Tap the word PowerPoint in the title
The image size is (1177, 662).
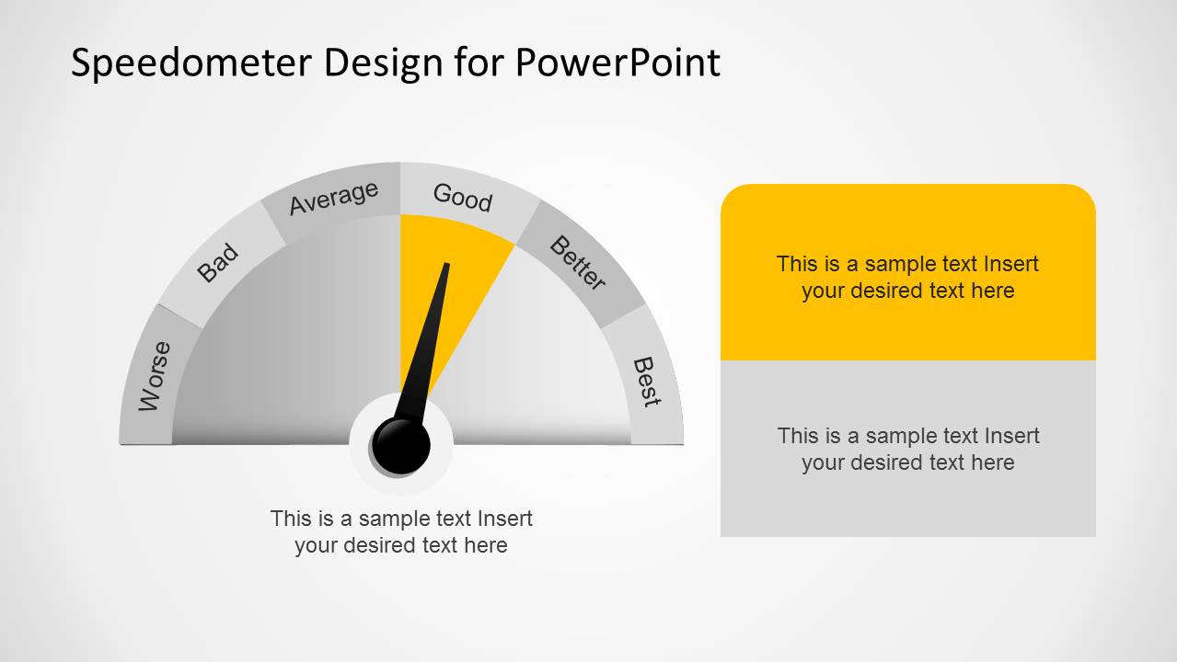(617, 63)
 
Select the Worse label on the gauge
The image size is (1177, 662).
(155, 376)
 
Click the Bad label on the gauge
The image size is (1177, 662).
(218, 264)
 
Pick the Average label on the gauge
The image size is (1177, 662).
(333, 198)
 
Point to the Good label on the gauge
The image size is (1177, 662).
(463, 197)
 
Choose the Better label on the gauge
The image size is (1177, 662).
(578, 262)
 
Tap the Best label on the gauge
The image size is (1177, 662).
(647, 382)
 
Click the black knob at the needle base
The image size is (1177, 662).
(402, 445)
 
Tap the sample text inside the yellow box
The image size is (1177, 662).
(907, 277)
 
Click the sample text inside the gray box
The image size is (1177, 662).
(907, 449)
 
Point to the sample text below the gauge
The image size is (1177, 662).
(401, 531)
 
